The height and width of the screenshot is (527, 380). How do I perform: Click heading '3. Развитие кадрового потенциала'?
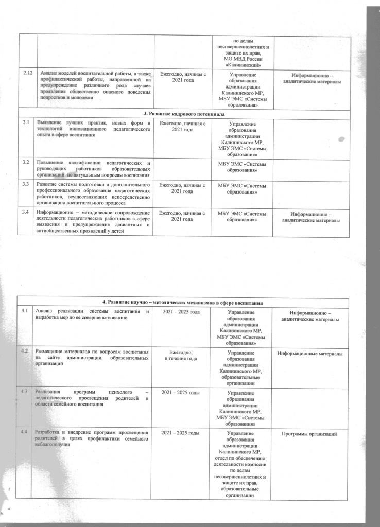tap(190, 113)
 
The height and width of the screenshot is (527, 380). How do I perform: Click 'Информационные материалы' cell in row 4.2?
tap(313, 353)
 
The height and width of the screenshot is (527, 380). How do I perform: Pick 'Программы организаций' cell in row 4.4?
tap(313, 435)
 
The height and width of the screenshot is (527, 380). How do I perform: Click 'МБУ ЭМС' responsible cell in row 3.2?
tap(242, 165)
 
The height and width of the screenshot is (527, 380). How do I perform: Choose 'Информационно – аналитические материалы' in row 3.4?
tap(313, 217)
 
